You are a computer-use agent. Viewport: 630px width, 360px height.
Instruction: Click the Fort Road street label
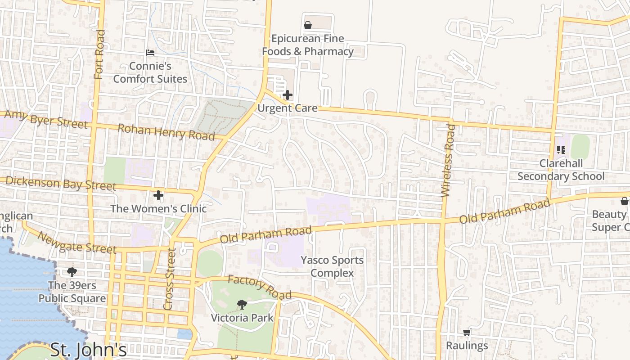coord(99,54)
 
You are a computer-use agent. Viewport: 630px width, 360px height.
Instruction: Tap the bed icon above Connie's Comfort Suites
coord(150,53)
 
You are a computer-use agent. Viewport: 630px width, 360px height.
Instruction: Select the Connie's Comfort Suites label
coord(150,72)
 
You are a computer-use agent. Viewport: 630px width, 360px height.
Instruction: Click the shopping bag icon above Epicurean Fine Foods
coord(308,25)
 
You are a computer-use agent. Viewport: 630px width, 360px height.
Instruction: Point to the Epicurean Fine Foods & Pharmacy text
coord(308,45)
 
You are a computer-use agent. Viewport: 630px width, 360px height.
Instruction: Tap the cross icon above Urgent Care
coord(288,95)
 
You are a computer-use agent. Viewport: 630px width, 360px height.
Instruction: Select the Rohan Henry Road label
coord(166,132)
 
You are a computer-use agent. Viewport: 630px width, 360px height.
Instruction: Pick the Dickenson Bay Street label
coord(61,183)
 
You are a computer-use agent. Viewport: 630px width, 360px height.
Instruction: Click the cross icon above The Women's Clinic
coord(158,195)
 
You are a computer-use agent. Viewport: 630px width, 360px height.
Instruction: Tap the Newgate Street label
coord(76,243)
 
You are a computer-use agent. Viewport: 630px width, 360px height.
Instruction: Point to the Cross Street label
coord(169,279)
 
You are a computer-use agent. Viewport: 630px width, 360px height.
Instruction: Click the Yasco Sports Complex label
coord(332,266)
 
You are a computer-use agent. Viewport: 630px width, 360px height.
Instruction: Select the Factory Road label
coord(260,287)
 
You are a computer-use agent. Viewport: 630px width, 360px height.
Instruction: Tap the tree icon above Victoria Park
coord(242,305)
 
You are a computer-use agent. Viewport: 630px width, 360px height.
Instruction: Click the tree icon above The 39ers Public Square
coord(72,272)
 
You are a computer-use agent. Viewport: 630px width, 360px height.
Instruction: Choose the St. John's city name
coord(88,350)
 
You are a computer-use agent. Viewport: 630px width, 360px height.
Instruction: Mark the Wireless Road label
coord(448,161)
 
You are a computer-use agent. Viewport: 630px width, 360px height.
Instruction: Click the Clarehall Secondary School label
coord(561,170)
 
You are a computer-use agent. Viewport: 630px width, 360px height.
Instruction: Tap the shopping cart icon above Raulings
coord(467,333)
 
